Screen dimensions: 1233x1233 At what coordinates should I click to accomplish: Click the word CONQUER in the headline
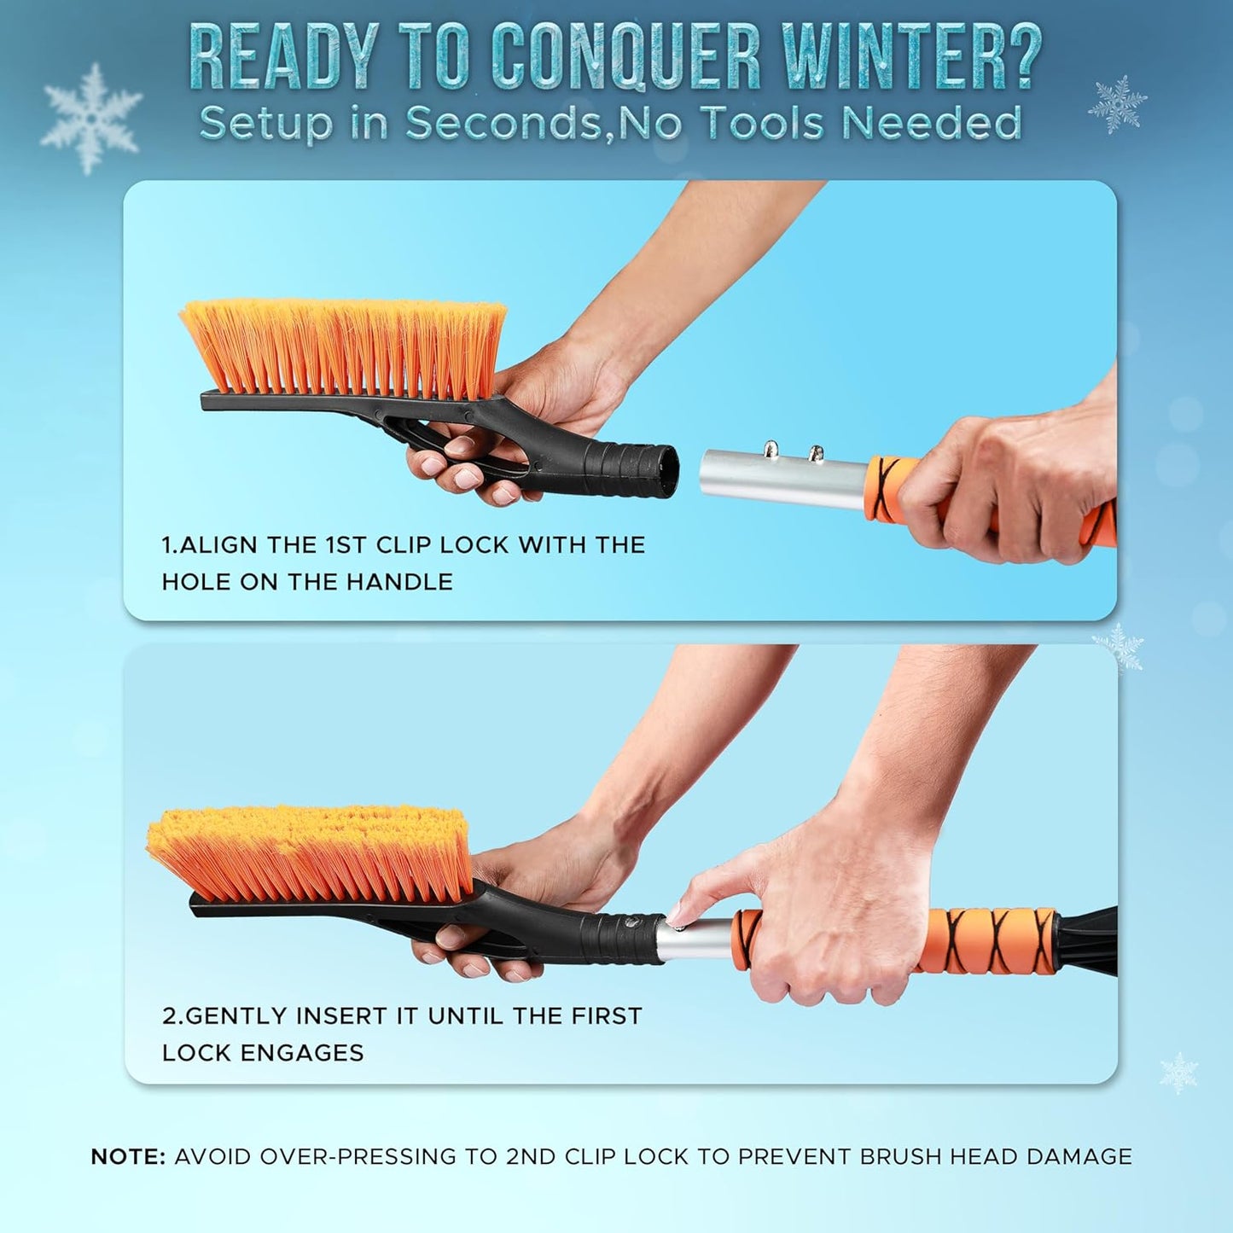coord(626,58)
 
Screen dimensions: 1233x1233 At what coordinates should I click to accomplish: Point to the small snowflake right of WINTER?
coord(1117,104)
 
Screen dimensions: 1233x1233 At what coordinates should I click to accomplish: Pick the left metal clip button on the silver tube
coord(771,449)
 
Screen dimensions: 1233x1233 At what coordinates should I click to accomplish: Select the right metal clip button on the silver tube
coord(816,453)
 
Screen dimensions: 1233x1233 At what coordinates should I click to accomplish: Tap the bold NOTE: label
coord(128,1157)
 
